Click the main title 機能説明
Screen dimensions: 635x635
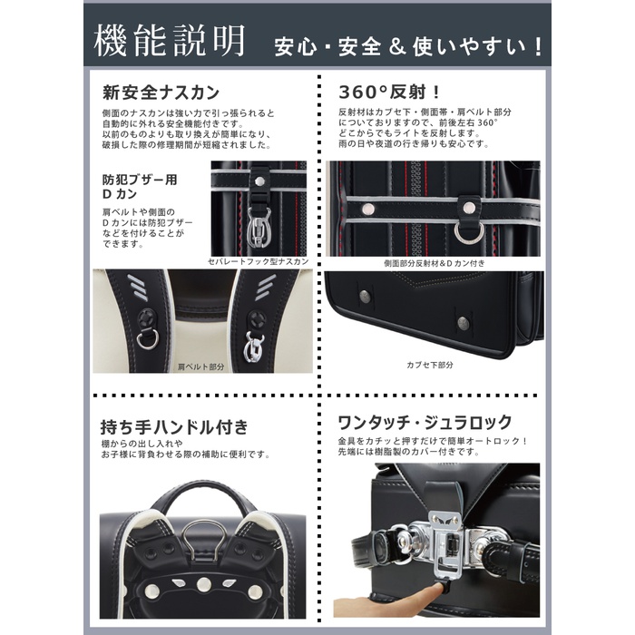point(170,41)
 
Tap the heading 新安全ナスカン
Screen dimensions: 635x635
point(161,93)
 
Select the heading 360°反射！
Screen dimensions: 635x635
point(389,93)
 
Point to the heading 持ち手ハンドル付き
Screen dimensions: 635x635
point(174,427)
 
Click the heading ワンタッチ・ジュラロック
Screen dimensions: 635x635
point(425,423)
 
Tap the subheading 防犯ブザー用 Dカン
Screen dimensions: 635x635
point(140,187)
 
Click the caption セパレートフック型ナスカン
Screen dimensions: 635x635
point(259,261)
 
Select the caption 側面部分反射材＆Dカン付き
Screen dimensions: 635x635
point(435,263)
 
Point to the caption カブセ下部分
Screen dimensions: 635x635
point(430,365)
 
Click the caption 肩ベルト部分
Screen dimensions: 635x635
point(200,366)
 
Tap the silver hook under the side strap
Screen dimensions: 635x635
point(259,228)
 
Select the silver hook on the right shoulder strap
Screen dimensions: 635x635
point(254,347)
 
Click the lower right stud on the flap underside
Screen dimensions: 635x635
point(464,323)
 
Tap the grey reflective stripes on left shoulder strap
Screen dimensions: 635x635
point(138,288)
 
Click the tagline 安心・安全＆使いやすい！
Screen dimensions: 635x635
point(408,47)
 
